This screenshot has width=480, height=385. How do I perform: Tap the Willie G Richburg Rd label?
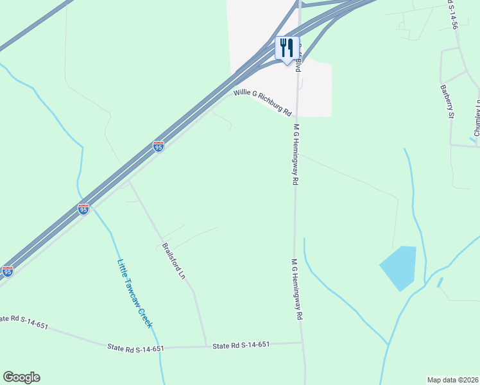(262, 103)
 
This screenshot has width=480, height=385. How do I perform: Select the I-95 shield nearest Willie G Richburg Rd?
(159, 146)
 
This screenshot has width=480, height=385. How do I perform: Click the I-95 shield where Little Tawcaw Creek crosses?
(83, 209)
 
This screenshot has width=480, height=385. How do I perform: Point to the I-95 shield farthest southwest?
(7, 271)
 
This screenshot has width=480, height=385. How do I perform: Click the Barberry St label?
(447, 101)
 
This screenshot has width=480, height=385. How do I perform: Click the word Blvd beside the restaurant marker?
(298, 65)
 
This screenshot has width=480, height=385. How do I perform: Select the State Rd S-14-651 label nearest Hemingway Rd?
(241, 345)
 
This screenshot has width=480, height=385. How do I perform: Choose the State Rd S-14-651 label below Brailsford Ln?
(135, 348)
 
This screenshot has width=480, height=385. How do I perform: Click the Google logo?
(21, 377)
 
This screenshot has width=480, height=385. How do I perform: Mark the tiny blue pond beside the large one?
(440, 282)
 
